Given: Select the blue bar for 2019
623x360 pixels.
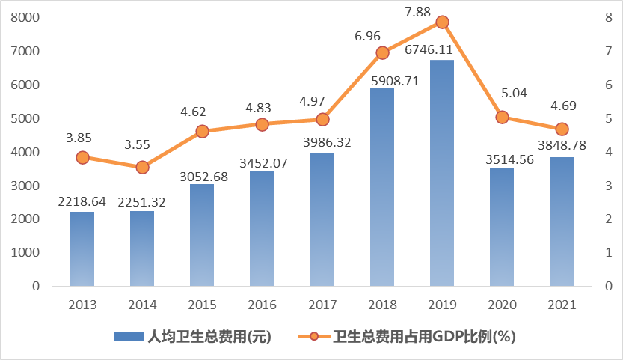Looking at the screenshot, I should click(x=442, y=172).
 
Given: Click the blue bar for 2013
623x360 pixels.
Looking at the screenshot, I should click(x=82, y=248).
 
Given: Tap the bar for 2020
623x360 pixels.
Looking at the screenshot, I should click(x=502, y=227).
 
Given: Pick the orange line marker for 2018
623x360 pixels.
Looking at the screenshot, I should click(x=382, y=52).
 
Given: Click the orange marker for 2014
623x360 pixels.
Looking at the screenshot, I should click(x=142, y=167).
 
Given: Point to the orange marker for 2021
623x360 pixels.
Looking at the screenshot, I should click(x=562, y=129).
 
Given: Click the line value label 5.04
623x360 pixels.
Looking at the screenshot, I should click(x=502, y=93).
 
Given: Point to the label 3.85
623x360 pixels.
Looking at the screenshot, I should click(x=82, y=137).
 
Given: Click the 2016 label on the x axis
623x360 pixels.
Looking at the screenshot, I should click(x=262, y=305).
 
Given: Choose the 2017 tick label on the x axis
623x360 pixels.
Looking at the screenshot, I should click(x=322, y=305).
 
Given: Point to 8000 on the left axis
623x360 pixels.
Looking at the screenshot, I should click(x=26, y=18).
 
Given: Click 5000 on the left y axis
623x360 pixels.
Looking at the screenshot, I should click(x=26, y=118).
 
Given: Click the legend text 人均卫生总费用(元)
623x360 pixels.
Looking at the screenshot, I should click(x=209, y=336).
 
